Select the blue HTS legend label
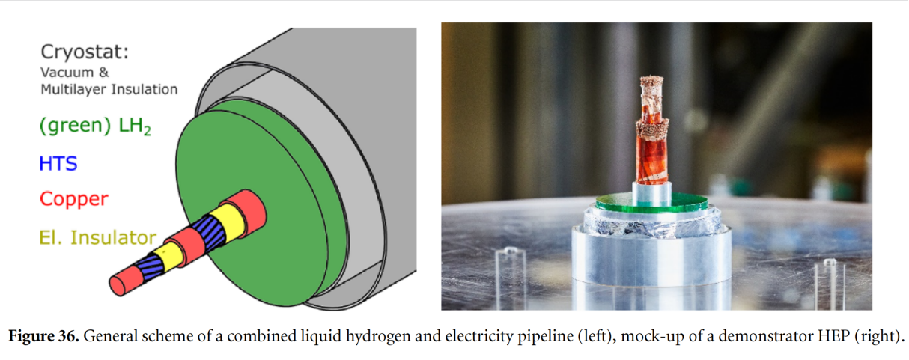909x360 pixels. tap(58, 164)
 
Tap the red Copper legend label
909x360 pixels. tap(74, 199)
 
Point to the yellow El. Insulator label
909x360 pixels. tap(97, 237)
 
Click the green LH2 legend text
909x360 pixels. tap(95, 126)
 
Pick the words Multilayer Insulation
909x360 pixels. tap(109, 89)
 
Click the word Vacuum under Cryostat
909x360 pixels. tap(67, 72)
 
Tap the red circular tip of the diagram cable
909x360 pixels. tap(118, 286)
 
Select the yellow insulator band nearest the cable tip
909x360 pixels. tap(168, 255)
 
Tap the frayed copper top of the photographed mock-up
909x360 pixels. tap(651, 82)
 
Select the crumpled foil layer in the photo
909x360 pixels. tap(652, 225)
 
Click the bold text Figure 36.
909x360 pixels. tap(43, 336)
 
